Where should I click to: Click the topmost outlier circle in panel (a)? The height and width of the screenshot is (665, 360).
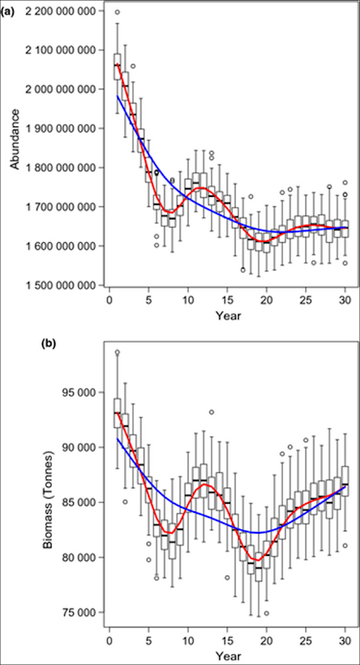117,12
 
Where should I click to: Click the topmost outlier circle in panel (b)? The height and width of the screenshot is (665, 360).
117,352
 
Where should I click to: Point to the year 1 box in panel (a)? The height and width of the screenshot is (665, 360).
117,66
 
